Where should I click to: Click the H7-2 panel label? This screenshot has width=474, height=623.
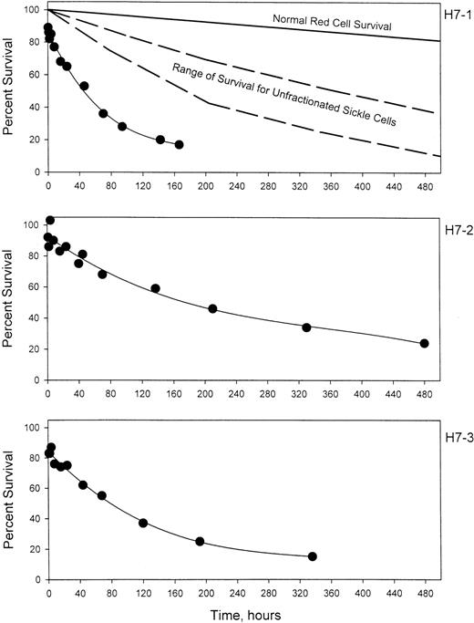453,232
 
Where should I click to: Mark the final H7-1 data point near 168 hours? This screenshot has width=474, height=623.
179,144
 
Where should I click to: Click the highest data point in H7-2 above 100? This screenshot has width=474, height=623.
50,220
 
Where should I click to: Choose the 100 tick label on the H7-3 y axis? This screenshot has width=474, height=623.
29,428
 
